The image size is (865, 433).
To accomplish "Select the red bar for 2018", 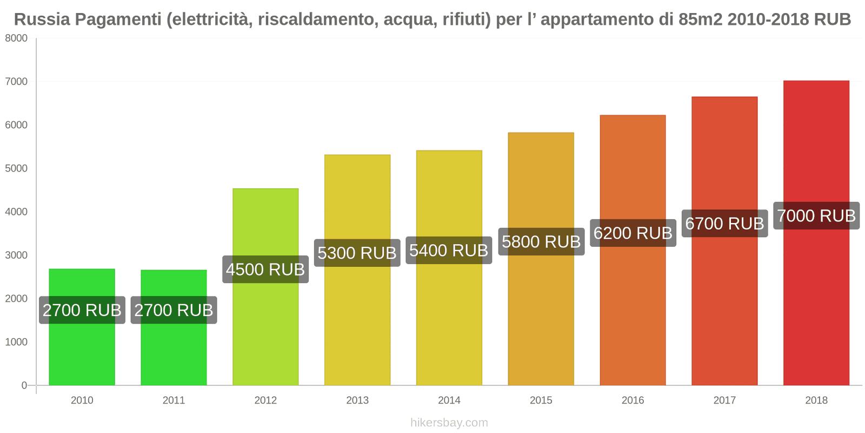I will [x=816, y=303].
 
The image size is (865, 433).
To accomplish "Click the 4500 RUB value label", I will [x=265, y=270].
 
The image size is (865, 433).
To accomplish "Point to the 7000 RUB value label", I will [x=816, y=216].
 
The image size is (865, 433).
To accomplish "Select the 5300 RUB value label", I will [x=357, y=253].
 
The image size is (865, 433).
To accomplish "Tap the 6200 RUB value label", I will [x=633, y=233].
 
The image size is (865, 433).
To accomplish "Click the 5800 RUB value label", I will [x=541, y=241].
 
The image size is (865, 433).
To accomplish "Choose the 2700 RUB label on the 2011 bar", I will [x=174, y=310].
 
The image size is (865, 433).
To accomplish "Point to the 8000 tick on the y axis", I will [x=16, y=38].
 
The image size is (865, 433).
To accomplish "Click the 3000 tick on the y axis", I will [x=16, y=255].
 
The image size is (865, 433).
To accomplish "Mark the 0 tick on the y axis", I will [x=24, y=385].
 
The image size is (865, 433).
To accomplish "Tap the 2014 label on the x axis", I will [x=449, y=400].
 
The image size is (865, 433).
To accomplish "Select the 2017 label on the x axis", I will [x=724, y=400].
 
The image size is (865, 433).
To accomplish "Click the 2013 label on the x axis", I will [x=357, y=400].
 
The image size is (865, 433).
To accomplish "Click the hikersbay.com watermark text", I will [x=449, y=423].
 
